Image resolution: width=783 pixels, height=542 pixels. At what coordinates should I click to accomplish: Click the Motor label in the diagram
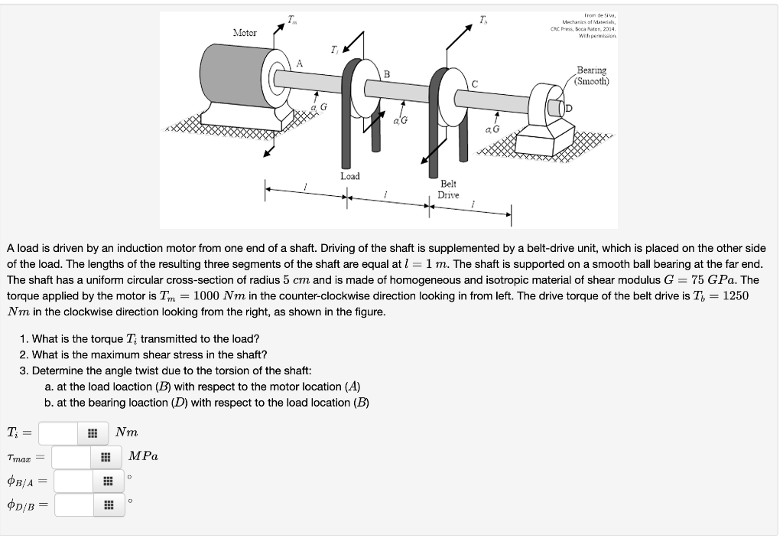[245, 33]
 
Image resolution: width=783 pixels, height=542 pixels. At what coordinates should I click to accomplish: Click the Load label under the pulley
[349, 176]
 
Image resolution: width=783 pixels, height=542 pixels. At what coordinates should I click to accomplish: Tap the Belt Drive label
[448, 189]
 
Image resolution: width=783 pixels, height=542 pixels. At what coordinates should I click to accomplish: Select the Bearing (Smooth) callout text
[592, 75]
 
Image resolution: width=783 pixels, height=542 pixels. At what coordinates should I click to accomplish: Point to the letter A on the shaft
[300, 64]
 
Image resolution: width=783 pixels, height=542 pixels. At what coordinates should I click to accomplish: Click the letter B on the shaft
[387, 74]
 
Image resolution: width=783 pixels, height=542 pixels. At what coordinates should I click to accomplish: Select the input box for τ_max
[73, 457]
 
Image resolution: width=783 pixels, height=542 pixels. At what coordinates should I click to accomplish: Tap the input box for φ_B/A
[73, 481]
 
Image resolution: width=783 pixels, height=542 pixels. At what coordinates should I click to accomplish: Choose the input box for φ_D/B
[73, 504]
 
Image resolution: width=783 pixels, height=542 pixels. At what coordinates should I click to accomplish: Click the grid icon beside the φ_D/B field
[108, 504]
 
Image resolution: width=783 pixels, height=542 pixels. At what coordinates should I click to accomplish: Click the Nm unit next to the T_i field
[126, 433]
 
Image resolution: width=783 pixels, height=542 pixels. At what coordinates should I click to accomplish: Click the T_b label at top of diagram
[483, 19]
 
